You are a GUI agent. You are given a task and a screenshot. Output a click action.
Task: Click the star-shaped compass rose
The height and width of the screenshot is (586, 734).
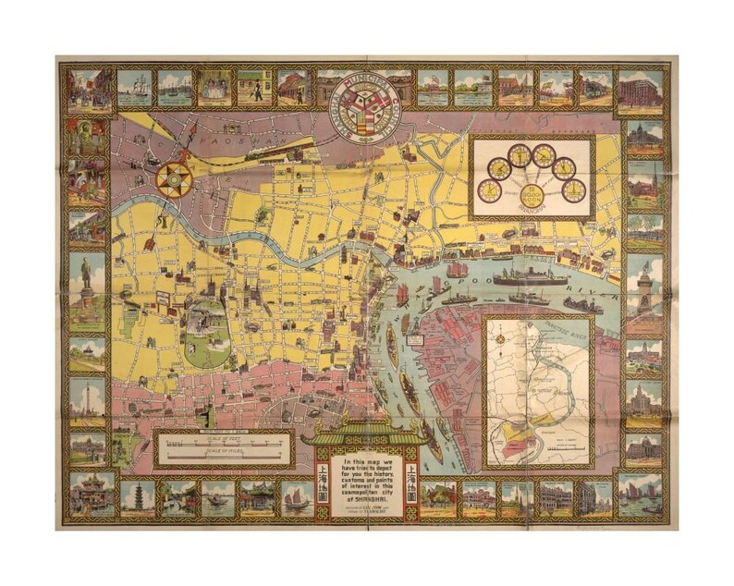173,179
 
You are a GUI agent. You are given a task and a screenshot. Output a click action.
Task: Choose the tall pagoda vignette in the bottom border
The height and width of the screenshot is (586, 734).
138,497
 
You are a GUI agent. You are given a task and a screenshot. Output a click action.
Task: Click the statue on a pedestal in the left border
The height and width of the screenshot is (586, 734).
87,286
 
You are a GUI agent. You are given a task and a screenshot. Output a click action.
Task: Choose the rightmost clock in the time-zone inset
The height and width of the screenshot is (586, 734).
574,190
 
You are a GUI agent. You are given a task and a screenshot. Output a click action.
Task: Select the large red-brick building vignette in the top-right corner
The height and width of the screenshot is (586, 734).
641,90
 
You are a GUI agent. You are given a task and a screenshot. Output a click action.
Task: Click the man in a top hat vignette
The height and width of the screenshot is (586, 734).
254,89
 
